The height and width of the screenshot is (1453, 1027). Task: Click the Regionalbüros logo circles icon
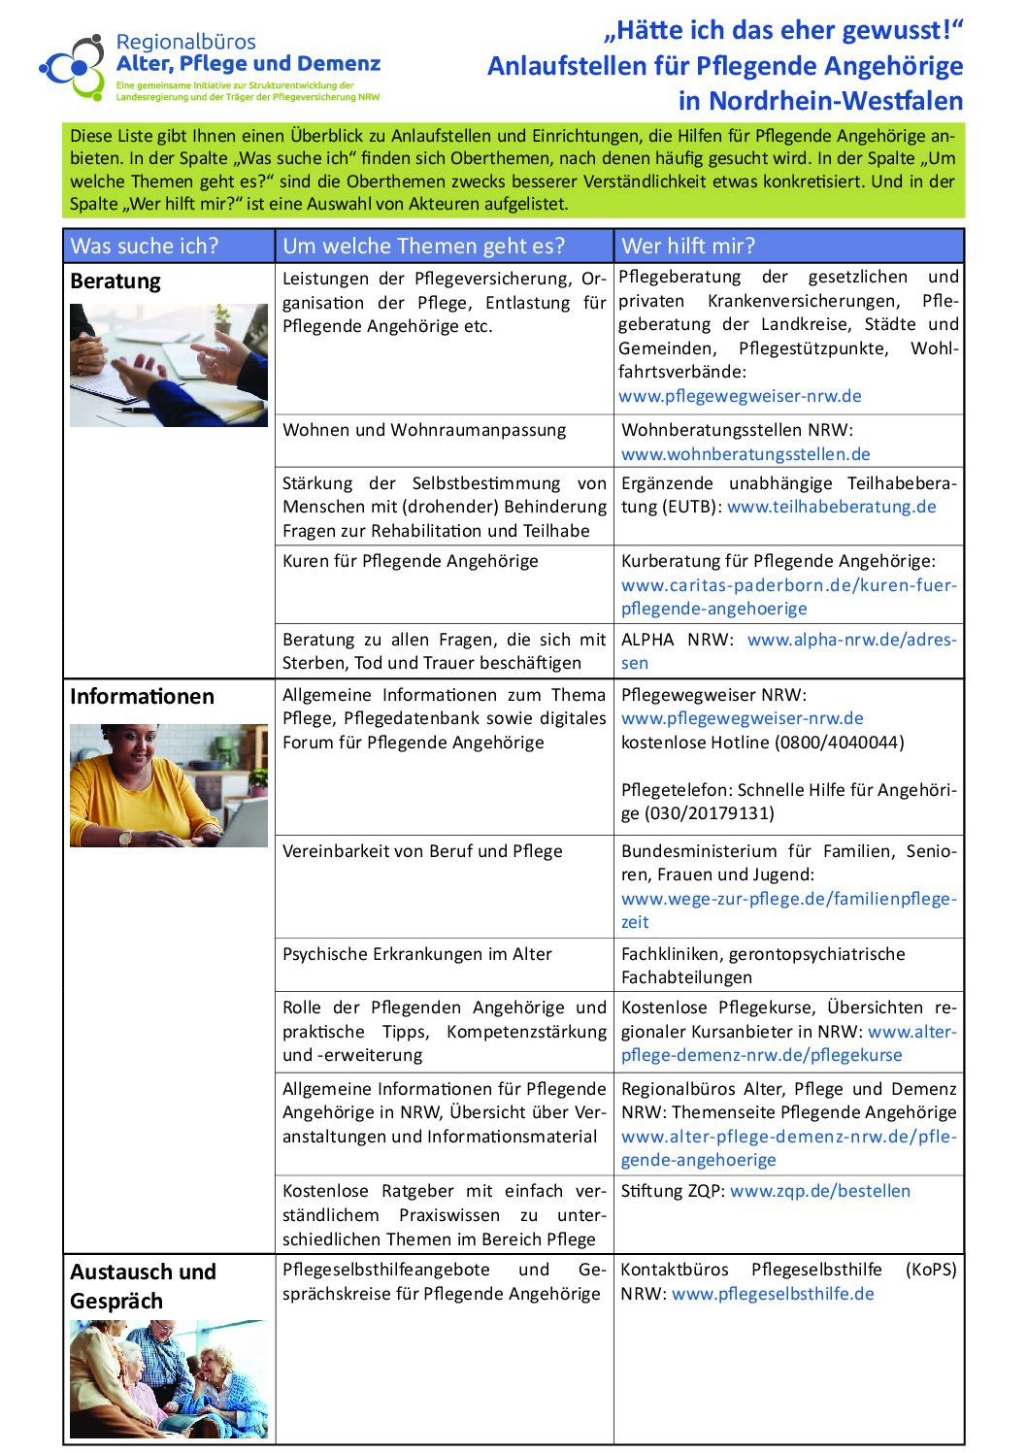click(72, 66)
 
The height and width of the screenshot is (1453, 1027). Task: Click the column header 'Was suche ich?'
click(145, 247)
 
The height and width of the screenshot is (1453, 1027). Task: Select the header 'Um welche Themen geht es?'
click(423, 247)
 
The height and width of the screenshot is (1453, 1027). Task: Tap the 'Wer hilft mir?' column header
click(688, 247)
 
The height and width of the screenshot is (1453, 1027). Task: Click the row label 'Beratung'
click(116, 281)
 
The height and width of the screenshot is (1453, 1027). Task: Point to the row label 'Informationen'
click(142, 697)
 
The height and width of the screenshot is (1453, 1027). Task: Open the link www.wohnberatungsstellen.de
click(745, 454)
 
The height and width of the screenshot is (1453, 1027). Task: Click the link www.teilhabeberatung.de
click(832, 507)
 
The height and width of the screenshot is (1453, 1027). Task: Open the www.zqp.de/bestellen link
click(820, 1191)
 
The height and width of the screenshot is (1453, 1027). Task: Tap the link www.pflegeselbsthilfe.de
click(773, 1294)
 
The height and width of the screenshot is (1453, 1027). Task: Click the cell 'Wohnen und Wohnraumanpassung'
click(424, 430)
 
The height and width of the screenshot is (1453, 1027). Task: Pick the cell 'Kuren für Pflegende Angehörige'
click(410, 561)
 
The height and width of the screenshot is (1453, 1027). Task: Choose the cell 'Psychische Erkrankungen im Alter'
click(417, 954)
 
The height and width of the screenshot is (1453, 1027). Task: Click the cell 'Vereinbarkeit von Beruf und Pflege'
click(422, 851)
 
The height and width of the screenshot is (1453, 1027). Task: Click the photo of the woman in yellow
click(169, 785)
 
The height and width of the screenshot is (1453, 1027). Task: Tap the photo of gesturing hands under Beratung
click(169, 365)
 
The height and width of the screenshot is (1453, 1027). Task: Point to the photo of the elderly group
click(169, 1378)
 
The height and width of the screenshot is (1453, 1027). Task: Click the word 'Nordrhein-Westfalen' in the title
click(836, 101)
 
